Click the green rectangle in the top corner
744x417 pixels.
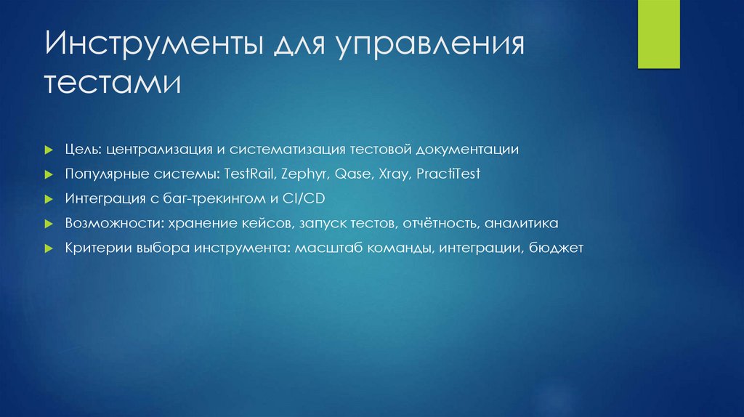(x=658, y=34)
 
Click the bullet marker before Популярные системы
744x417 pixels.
(x=49, y=175)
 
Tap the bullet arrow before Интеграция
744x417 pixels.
(x=49, y=199)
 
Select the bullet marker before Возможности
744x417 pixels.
(x=49, y=223)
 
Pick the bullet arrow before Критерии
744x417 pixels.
(x=49, y=248)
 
